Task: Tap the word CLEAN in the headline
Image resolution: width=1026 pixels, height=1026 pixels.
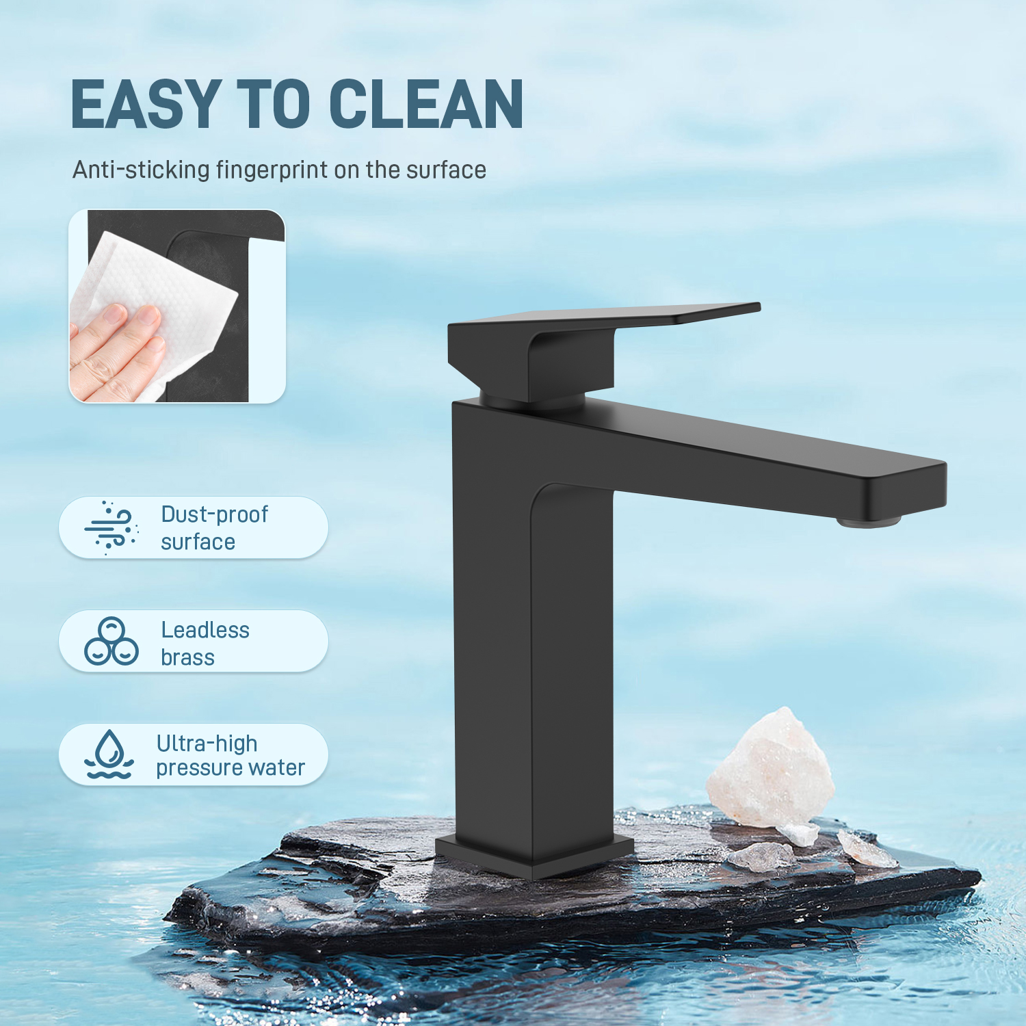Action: click(426, 104)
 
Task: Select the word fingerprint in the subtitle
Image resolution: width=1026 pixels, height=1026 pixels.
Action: click(272, 170)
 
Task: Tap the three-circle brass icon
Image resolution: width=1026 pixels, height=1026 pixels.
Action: click(111, 641)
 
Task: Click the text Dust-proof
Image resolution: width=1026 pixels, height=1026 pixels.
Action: click(214, 514)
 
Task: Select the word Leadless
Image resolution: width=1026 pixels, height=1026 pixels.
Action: click(205, 630)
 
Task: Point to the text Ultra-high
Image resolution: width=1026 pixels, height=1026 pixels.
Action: click(207, 743)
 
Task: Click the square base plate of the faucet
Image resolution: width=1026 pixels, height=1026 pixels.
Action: click(534, 855)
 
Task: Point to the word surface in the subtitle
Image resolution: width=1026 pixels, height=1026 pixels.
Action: click(446, 170)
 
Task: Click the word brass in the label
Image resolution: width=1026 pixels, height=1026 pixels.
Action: click(187, 657)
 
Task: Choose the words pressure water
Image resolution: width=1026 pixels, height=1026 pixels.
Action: click(231, 768)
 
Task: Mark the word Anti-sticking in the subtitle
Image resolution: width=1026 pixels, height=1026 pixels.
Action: click(141, 170)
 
